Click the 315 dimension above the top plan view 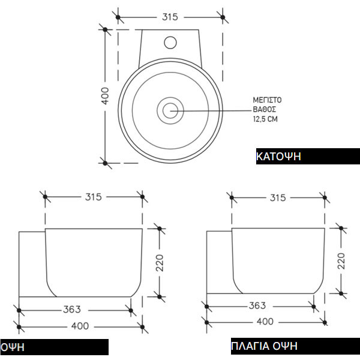click(170, 17)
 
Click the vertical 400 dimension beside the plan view click(106, 95)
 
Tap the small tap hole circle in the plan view click(170, 43)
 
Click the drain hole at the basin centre click(170, 110)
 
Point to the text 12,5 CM click(265, 119)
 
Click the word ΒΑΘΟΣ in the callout click(264, 109)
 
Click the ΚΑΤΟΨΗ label click(278, 157)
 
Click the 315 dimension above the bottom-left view click(93, 197)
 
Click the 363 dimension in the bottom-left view click(72, 310)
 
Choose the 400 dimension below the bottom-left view click(80, 326)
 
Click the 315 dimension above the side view click(277, 197)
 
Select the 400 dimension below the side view click(265, 322)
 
